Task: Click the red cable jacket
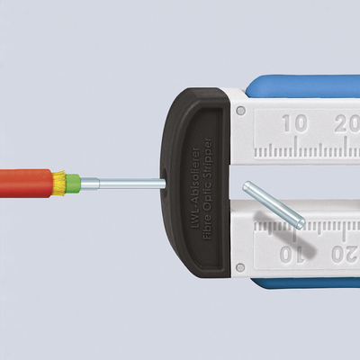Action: click(26, 184)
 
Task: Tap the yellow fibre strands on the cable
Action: click(59, 183)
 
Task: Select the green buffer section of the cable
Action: click(73, 184)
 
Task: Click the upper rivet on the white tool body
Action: click(240, 111)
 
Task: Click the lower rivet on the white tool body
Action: click(240, 266)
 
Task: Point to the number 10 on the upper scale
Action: click(294, 123)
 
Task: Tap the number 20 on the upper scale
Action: click(347, 123)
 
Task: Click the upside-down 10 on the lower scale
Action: click(292, 255)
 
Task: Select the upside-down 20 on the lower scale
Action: click(346, 255)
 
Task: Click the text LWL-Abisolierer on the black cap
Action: click(195, 188)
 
